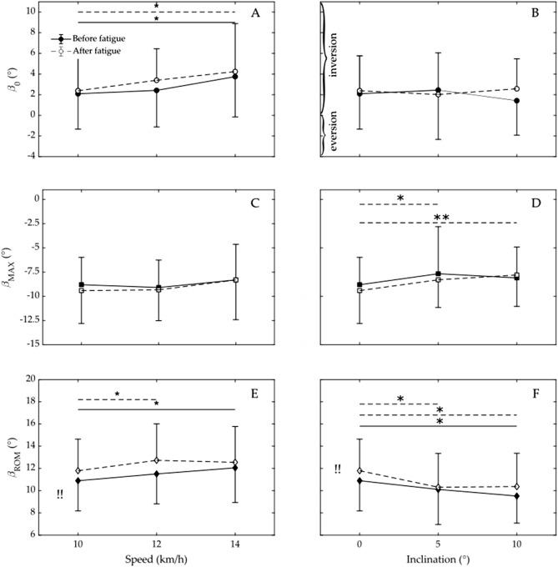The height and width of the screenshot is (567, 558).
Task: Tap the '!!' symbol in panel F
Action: click(337, 469)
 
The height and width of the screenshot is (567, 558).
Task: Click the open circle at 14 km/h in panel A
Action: click(235, 72)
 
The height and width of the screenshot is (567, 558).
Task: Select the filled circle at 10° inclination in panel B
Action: click(517, 101)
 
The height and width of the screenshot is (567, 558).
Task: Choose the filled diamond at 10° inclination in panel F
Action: click(517, 496)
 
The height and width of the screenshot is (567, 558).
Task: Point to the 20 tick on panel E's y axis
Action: click(40, 379)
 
